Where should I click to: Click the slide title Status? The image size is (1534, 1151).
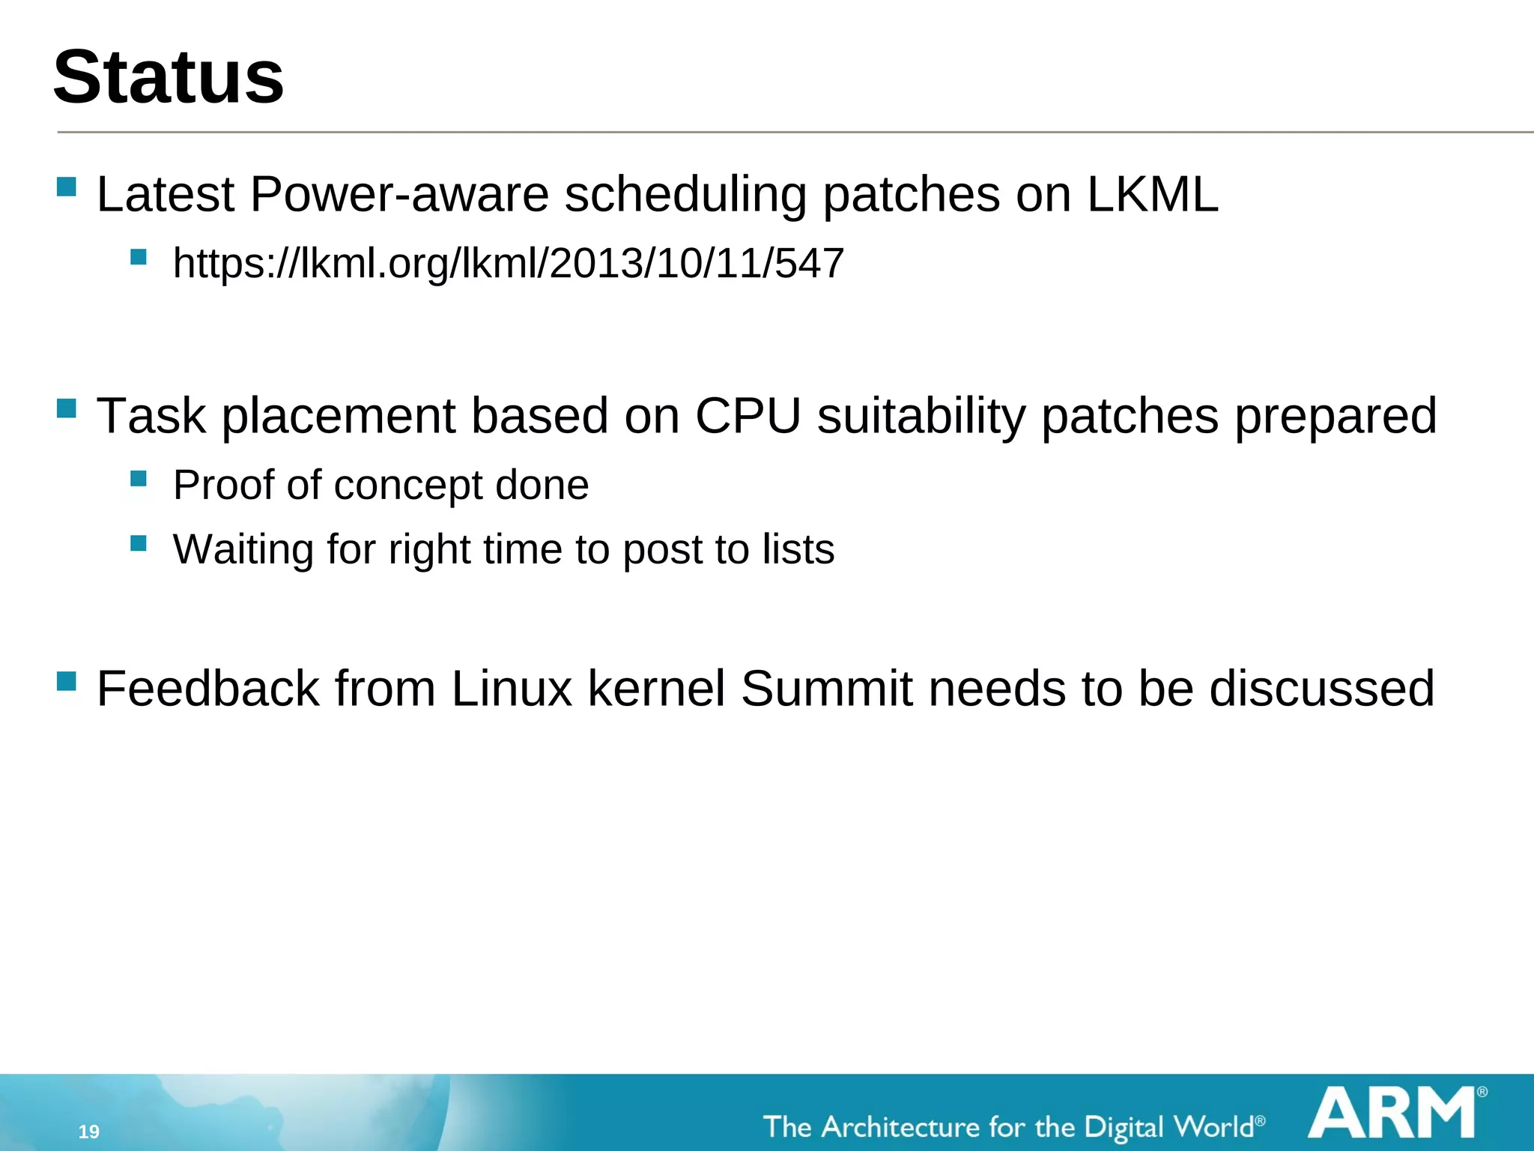(x=169, y=77)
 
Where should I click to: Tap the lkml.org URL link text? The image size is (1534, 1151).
(x=508, y=263)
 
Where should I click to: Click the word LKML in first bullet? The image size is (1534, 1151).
(x=1152, y=194)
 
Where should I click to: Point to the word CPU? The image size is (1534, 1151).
(x=748, y=415)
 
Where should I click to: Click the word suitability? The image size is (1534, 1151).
(x=921, y=415)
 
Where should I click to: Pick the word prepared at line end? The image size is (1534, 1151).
(x=1336, y=415)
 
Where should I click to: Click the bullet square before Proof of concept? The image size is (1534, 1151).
(x=138, y=478)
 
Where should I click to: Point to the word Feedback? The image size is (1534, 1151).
(x=207, y=688)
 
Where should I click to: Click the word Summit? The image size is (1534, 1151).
(x=826, y=688)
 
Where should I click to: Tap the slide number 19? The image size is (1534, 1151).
(x=89, y=1132)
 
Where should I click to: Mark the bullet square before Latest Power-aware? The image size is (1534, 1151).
(x=67, y=187)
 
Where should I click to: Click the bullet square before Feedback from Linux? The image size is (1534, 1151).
(x=67, y=680)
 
